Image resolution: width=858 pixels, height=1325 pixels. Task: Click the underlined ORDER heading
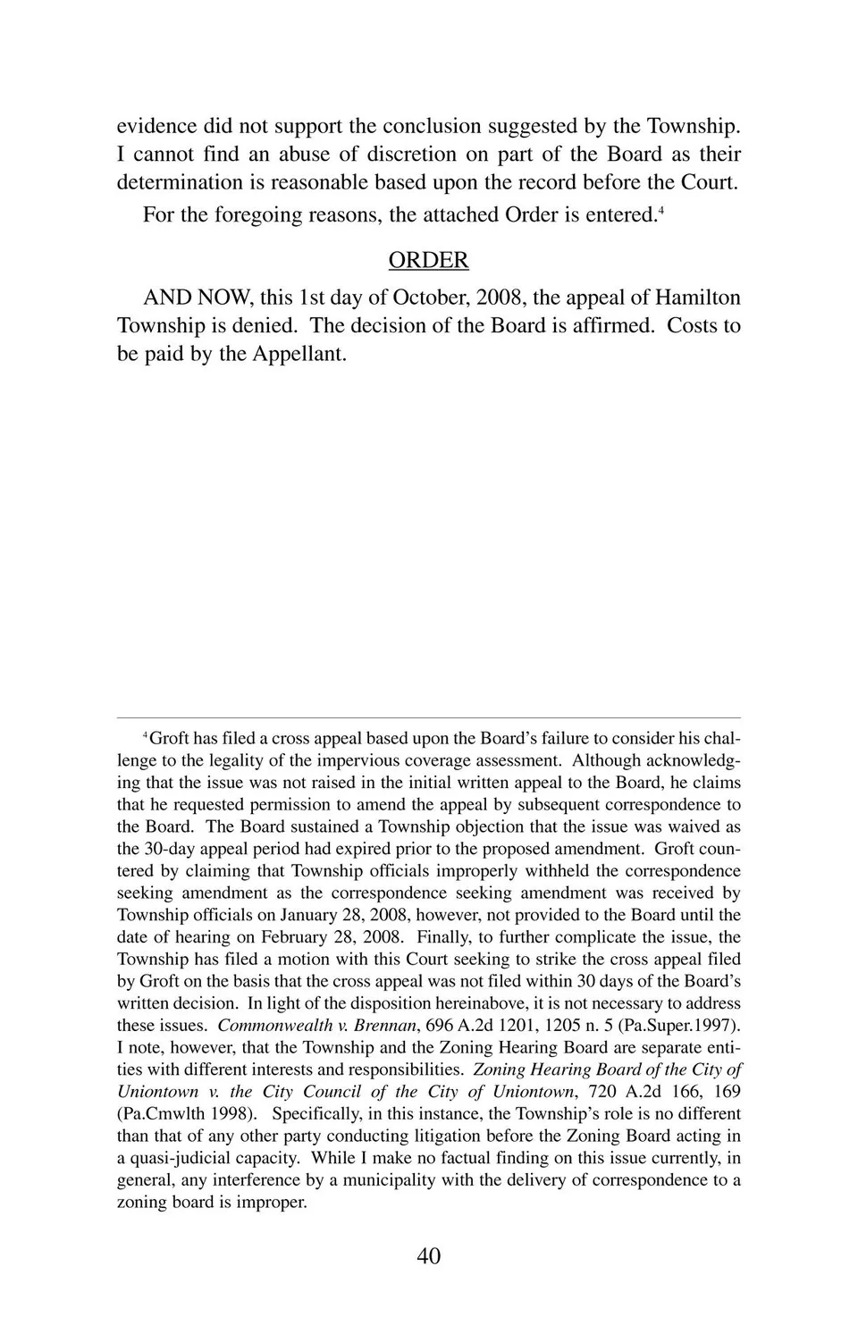(x=428, y=260)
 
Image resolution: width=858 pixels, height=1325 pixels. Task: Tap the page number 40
(x=428, y=1256)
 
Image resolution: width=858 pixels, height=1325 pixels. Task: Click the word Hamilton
(x=698, y=298)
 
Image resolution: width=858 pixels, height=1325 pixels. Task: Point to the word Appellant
(x=299, y=354)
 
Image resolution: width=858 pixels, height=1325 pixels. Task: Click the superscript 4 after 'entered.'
(x=660, y=211)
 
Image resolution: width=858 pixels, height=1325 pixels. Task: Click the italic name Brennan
(x=385, y=1026)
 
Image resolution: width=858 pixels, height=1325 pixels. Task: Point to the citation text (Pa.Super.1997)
(x=688, y=1026)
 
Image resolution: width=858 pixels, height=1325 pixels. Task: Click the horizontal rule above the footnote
(x=428, y=717)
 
